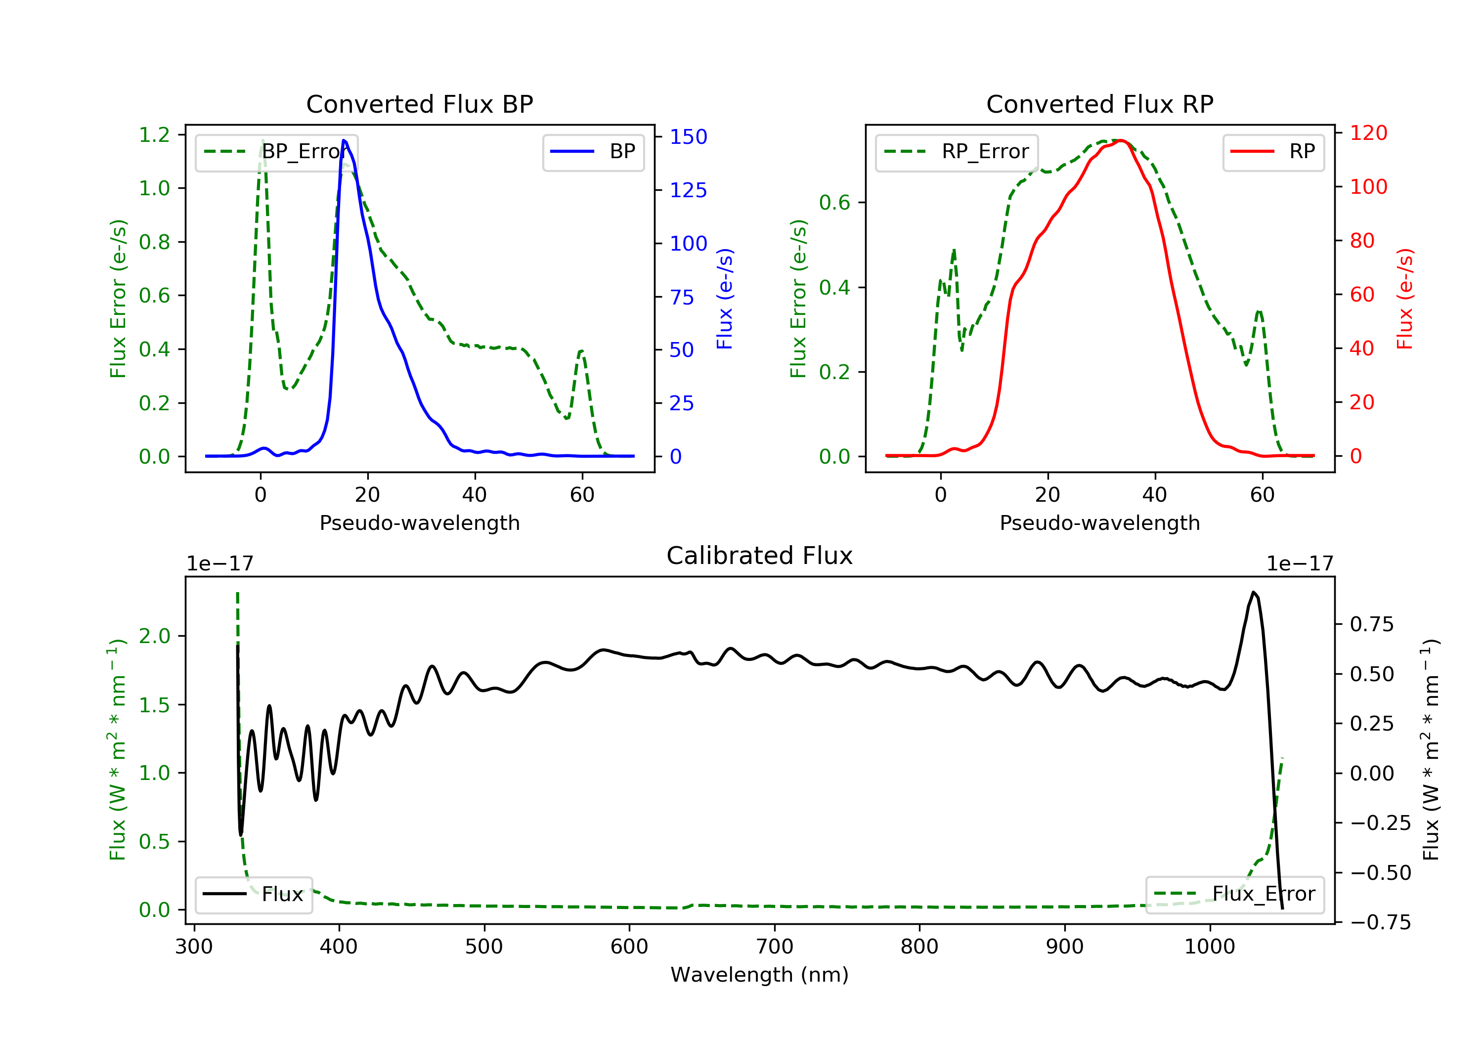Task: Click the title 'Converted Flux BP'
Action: tap(419, 104)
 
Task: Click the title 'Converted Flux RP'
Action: tap(1099, 104)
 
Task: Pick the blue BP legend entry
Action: tap(593, 152)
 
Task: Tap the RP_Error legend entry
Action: tap(957, 152)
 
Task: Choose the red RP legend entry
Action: tap(1273, 152)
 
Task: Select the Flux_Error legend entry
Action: tap(1234, 894)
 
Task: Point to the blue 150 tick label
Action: tap(688, 137)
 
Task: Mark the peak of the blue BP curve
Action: tap(344, 140)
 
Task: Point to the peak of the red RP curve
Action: tap(1121, 140)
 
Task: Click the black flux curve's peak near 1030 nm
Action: tap(1253, 592)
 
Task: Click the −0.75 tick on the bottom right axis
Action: tap(1380, 922)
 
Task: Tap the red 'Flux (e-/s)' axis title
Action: tap(1404, 299)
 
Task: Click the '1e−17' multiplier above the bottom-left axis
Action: tap(219, 564)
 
